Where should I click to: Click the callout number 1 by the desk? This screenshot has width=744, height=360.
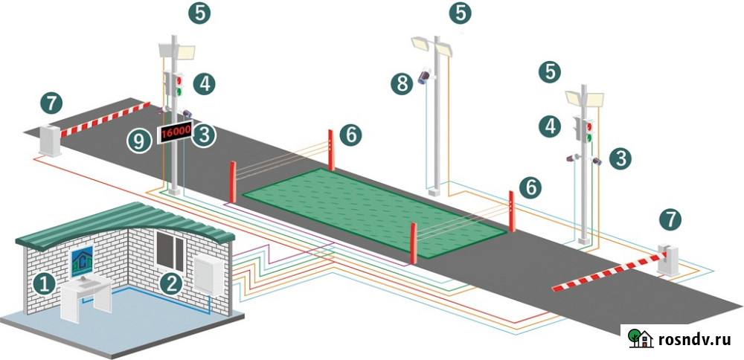click(45, 282)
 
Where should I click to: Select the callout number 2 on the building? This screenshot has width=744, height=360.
click(172, 282)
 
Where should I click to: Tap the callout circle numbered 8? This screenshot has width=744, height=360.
click(403, 83)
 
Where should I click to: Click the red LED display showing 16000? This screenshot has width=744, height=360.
click(176, 132)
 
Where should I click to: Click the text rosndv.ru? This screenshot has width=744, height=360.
click(696, 340)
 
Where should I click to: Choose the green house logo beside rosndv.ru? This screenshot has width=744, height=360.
click(639, 338)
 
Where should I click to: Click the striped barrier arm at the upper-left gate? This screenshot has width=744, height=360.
click(104, 120)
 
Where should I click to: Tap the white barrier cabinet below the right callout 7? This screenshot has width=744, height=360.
click(669, 260)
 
